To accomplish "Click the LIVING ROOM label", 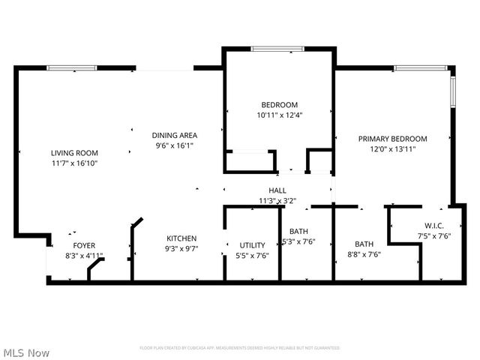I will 74,153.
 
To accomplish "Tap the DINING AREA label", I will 174,136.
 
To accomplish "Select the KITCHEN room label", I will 181,238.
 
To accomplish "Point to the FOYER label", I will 84,245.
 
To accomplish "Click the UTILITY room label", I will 252,245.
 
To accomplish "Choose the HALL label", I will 277,190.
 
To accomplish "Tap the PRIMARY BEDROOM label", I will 392,139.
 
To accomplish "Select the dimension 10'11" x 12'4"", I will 279,115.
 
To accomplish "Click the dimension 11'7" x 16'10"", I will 74,163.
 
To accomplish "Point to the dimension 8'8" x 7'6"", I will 364,254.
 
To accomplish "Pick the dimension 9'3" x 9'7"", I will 181,248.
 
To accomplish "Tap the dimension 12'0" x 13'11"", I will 392,149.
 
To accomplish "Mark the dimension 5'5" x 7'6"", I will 252,256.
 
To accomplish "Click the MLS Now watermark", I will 26,352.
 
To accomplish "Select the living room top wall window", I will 72,68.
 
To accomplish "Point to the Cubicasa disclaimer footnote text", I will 240,348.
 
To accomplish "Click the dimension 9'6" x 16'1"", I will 174,145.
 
